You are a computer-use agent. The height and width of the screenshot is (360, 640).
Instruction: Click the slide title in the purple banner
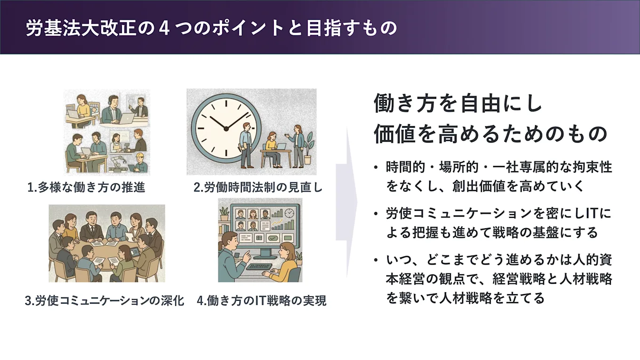point(211,28)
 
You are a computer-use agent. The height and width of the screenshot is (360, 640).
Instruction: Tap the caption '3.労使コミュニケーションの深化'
point(104,301)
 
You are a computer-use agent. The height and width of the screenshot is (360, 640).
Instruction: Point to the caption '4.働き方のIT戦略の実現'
point(262,301)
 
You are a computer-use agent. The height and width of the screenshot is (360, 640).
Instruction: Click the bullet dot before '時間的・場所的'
point(375,168)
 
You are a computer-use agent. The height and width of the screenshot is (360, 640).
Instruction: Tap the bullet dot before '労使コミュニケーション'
point(375,215)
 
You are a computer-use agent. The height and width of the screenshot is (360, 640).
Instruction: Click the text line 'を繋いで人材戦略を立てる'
point(465,298)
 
